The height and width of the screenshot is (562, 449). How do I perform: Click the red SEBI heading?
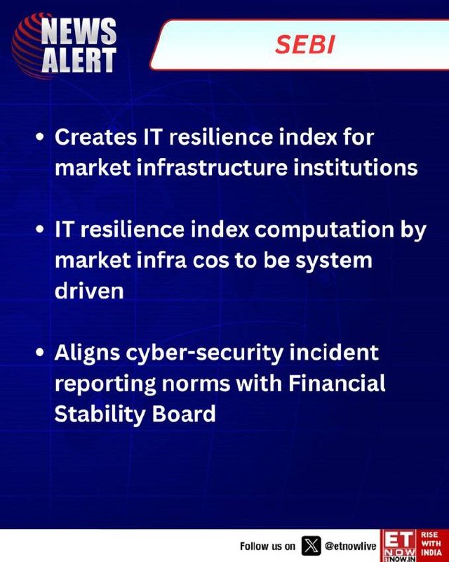pos(305,45)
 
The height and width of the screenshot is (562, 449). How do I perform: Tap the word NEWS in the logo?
pos(79,32)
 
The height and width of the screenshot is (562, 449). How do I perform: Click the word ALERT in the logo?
pos(79,59)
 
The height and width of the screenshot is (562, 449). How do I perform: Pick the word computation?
pos(324,229)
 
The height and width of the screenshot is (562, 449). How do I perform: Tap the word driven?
pos(89,291)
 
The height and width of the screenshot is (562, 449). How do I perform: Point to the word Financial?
pos(337,383)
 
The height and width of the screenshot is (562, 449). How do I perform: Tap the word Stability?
pos(100,414)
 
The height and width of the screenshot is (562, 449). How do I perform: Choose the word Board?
pos(184,414)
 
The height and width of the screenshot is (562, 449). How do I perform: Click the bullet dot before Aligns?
pos(40,354)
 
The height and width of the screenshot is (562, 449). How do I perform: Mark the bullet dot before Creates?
pos(40,138)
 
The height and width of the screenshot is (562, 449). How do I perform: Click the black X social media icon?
pos(311,546)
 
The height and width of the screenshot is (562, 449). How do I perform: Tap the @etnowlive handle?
pos(351,546)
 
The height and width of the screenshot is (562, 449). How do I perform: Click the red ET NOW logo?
pos(399,546)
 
